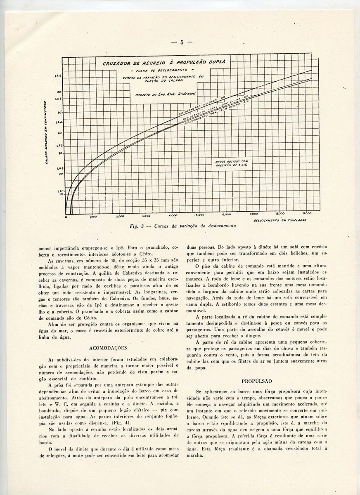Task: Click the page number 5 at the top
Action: pyautogui.click(x=181, y=42)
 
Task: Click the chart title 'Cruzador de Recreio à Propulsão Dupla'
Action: pyautogui.click(x=161, y=63)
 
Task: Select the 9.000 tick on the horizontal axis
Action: pyautogui.click(x=307, y=214)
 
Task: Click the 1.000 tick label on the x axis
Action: pyautogui.click(x=93, y=216)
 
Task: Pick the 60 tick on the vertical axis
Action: pyautogui.click(x=59, y=92)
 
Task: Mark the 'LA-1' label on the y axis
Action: pyautogui.click(x=59, y=191)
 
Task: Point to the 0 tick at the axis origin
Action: pyautogui.click(x=66, y=217)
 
